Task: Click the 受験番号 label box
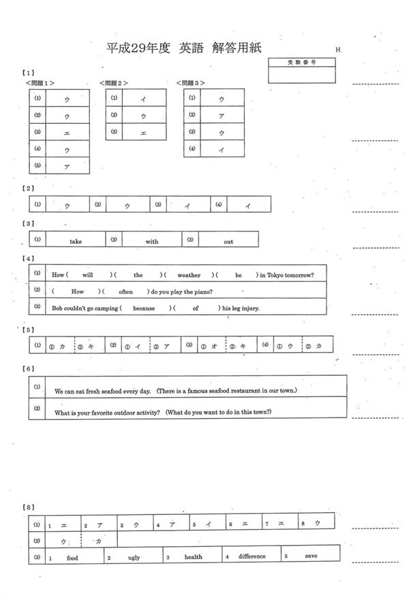301,62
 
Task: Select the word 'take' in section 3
76,241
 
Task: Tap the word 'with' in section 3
151,241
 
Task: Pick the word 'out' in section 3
228,241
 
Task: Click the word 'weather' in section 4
189,275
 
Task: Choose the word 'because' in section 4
144,308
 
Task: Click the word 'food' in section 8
72,556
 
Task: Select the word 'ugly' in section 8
134,557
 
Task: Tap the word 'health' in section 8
193,556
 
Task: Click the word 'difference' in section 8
252,556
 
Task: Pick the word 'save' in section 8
311,556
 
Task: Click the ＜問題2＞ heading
115,82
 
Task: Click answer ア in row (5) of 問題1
67,166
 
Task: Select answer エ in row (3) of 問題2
143,132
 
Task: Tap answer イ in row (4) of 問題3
222,149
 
